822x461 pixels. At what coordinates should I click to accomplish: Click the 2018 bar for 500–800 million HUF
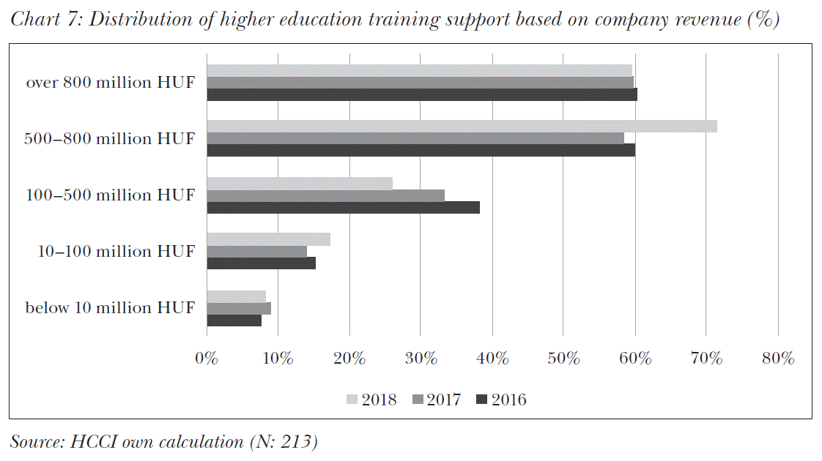point(462,127)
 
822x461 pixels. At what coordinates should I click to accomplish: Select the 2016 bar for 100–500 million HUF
point(343,207)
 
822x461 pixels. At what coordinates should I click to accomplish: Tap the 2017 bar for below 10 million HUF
point(239,308)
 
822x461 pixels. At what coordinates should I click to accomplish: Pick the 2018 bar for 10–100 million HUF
point(268,239)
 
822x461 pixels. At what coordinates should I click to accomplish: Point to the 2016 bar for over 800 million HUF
point(422,94)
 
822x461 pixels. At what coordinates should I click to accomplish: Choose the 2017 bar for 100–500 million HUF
point(325,195)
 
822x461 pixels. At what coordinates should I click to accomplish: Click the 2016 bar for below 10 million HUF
point(234,320)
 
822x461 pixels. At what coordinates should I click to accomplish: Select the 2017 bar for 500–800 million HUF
point(415,138)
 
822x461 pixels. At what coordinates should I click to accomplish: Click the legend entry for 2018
point(371,400)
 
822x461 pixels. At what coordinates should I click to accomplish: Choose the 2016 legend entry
point(501,400)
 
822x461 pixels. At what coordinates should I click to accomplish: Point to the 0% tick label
point(207,359)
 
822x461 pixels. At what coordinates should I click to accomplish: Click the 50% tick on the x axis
point(563,359)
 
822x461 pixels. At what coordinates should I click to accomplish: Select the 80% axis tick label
point(778,359)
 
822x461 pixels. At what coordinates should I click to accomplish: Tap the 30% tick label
point(421,359)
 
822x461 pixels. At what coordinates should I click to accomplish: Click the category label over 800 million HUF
point(111,83)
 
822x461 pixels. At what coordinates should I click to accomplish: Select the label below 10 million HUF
point(111,308)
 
